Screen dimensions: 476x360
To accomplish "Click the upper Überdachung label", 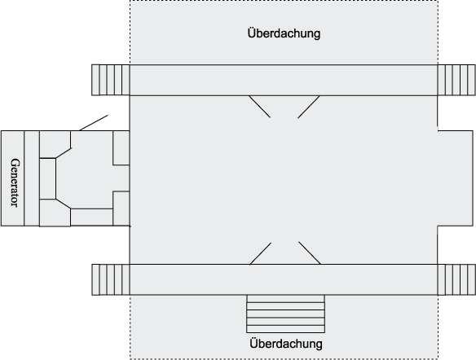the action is tap(284, 33).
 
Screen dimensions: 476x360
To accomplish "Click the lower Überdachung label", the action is tap(286, 344).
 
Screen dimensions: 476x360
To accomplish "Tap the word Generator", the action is tap(15, 182).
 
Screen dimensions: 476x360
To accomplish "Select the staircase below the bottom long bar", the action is tap(285, 314).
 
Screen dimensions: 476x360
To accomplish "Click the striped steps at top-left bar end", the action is tap(111, 80).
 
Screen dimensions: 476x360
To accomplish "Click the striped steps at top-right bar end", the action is tap(456, 80).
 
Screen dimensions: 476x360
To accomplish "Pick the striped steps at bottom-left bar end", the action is tap(111, 279).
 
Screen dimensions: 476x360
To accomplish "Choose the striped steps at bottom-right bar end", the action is tap(456, 279).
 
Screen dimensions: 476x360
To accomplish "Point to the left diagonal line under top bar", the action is tap(259, 107).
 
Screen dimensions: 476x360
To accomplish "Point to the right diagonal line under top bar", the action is tap(308, 107).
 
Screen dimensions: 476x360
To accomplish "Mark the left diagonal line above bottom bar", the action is tap(261, 253).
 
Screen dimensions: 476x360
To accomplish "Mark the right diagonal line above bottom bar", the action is tap(310, 253).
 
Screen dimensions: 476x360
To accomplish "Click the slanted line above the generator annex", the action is tap(94, 123).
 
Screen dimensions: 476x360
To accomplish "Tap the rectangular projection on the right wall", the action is tap(455, 178).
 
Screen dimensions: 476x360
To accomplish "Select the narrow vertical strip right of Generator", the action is tap(32, 178).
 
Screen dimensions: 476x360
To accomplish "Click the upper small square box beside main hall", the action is tap(121, 148).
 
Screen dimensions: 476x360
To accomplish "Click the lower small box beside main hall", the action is tap(121, 209).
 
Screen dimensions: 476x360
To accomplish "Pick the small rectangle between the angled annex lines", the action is tap(47, 178).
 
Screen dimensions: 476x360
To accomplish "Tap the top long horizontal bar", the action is tap(284, 80).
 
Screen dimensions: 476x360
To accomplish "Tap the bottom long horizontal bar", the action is tap(284, 279).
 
